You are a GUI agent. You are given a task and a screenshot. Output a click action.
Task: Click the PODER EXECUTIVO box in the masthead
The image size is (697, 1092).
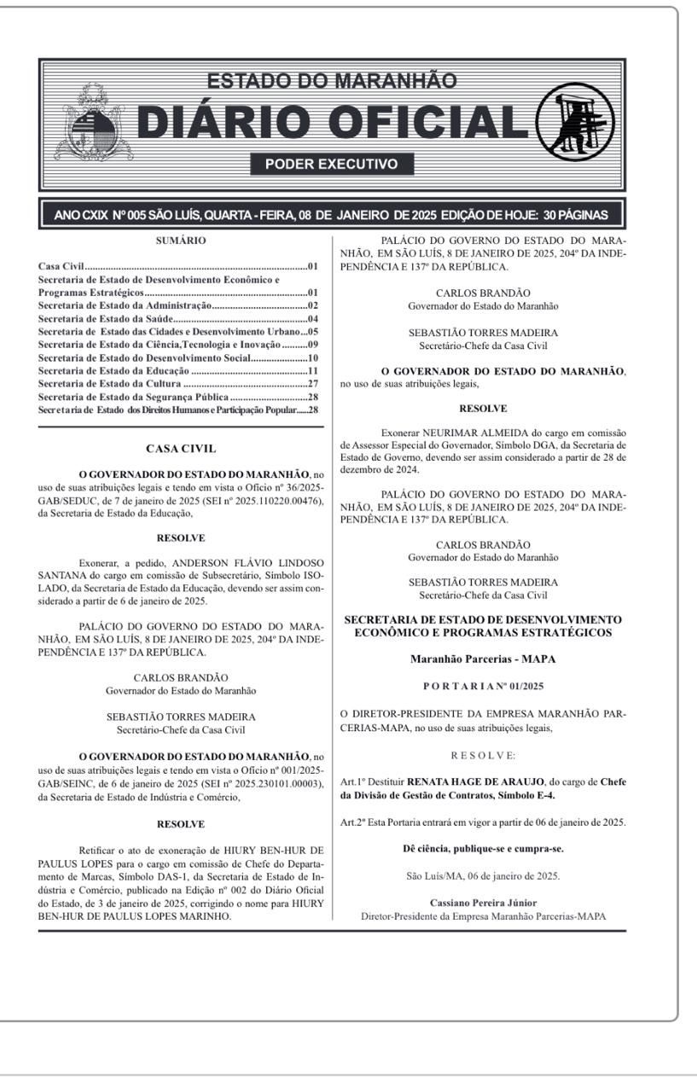[x=332, y=164]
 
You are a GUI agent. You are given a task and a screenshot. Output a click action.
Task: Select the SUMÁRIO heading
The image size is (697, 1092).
[x=181, y=241]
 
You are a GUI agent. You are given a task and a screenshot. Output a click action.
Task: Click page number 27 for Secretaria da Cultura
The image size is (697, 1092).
[x=313, y=384]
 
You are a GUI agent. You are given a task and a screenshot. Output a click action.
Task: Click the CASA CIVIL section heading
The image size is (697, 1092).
[x=181, y=449]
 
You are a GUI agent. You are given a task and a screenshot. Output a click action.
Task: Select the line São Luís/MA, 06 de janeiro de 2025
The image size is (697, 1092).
[x=482, y=875]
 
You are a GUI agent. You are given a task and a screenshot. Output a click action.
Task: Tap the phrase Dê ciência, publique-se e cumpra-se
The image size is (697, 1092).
[x=482, y=848]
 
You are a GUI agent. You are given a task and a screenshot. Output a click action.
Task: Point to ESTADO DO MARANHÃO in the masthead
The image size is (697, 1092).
[x=332, y=81]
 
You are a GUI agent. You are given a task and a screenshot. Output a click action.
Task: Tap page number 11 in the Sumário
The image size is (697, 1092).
[x=313, y=371]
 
